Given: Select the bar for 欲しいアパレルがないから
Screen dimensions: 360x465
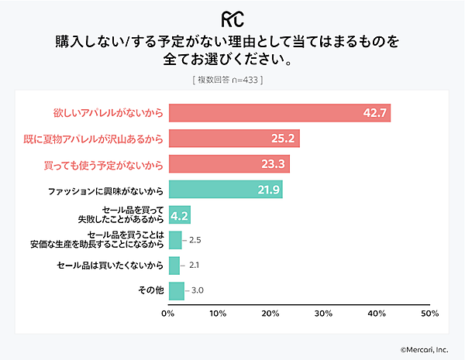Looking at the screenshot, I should point(279,113).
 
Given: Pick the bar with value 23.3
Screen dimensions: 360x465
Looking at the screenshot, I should point(229,164).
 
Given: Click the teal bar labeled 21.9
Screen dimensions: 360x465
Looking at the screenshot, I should point(225,189).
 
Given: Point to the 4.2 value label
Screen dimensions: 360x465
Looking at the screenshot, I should point(180,214).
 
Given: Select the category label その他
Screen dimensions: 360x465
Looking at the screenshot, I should point(148,291).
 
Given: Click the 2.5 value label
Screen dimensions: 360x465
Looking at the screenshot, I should point(195,240).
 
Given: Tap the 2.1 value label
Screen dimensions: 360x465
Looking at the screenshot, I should point(194,266).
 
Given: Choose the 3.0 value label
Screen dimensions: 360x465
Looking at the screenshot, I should point(198,291).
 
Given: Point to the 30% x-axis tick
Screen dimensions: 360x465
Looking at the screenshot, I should point(324,314).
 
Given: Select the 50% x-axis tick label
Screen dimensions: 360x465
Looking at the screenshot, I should point(429,314).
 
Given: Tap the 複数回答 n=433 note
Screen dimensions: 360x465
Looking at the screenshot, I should point(232,80).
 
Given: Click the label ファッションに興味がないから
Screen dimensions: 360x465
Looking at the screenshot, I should point(105,189).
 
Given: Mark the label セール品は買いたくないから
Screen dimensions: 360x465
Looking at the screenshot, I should point(110,266).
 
